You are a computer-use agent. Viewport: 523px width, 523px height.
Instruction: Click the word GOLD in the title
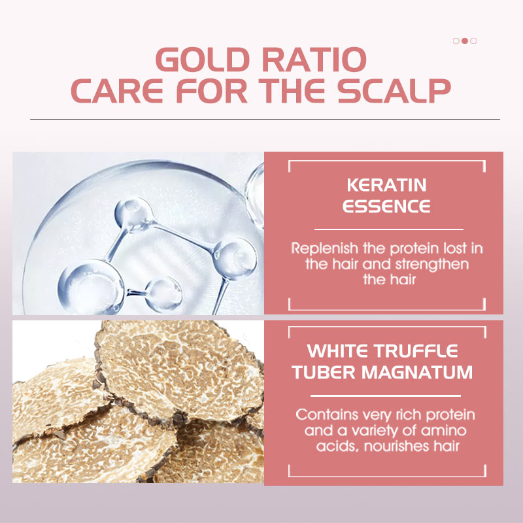pyautogui.click(x=203, y=59)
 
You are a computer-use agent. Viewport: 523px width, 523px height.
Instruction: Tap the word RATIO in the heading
pyautogui.click(x=314, y=59)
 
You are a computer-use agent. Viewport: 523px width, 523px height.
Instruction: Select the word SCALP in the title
pyautogui.click(x=394, y=91)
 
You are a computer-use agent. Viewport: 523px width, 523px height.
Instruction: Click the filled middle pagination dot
pyautogui.click(x=465, y=41)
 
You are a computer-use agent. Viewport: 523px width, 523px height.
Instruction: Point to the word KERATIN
pyautogui.click(x=386, y=185)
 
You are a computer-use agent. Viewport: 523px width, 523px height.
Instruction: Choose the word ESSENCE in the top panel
pyautogui.click(x=386, y=206)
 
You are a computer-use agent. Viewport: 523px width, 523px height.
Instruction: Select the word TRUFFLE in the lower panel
pyautogui.click(x=416, y=351)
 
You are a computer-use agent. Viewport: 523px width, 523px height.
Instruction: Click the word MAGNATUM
pyautogui.click(x=417, y=372)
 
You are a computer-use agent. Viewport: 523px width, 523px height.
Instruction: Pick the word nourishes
pyautogui.click(x=397, y=446)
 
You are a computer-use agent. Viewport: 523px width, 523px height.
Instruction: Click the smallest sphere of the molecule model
pyautogui.click(x=164, y=295)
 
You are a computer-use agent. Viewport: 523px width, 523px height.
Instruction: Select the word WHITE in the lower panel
pyautogui.click(x=337, y=351)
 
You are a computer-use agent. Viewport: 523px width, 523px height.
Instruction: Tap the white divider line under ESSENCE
pyautogui.click(x=389, y=229)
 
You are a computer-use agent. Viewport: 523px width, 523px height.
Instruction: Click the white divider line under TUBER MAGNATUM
pyautogui.click(x=386, y=396)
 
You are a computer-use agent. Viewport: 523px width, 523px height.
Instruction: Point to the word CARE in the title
pyautogui.click(x=117, y=91)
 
